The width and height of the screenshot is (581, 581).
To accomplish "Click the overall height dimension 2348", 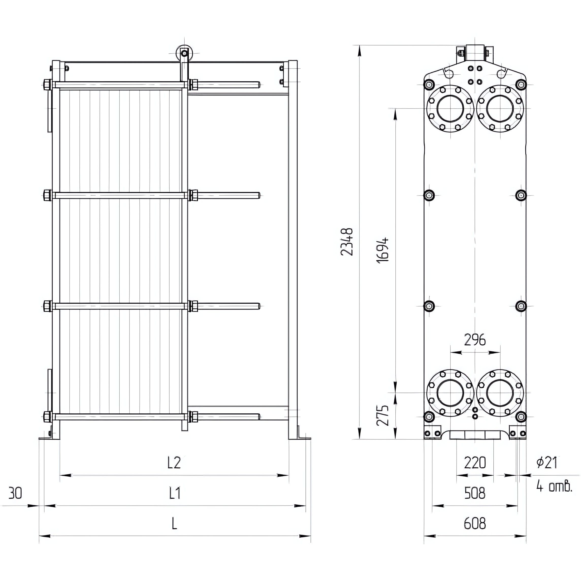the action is click(346, 242).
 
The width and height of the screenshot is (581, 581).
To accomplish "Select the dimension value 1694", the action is click(382, 250).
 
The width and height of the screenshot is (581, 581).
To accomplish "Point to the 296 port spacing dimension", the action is click(475, 340).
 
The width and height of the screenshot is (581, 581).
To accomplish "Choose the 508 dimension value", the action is click(475, 493).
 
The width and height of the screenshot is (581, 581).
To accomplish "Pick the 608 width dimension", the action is click(475, 524).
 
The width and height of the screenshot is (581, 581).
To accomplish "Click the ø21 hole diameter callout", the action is click(547, 462).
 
